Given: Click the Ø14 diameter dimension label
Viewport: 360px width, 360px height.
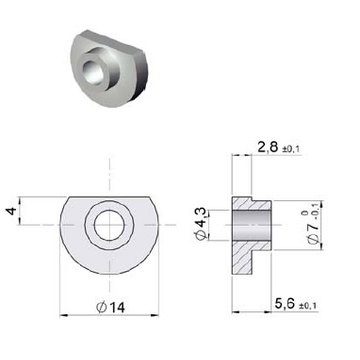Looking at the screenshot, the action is click(x=110, y=307).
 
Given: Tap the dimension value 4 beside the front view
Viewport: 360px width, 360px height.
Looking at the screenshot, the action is click(x=12, y=211).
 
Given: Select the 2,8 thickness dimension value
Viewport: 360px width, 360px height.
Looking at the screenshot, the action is click(x=268, y=147).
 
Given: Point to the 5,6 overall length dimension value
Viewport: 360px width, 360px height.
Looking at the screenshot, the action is click(x=285, y=304).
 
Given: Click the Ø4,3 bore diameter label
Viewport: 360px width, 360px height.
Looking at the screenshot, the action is click(x=201, y=224).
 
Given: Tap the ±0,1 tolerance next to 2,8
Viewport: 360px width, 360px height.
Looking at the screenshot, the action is click(x=291, y=150).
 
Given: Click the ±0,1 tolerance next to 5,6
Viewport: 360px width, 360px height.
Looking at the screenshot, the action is click(x=308, y=306).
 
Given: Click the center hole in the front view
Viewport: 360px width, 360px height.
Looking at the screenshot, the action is click(x=109, y=225).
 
